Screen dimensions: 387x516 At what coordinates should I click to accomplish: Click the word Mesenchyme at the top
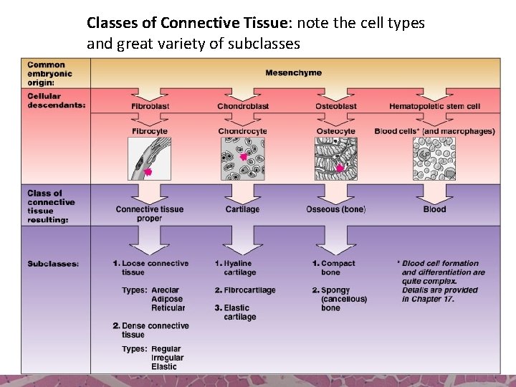pos(293,72)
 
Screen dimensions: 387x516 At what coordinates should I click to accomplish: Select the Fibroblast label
pos(150,106)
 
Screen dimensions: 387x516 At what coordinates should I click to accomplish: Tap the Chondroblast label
pos(243,106)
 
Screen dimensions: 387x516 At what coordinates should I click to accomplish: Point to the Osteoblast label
pos(335,106)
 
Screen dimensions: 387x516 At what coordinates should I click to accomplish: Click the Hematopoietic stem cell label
pos(434,106)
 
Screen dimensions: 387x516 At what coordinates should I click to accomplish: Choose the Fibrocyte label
pos(150,131)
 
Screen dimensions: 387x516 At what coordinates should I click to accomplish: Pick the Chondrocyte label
pos(242,131)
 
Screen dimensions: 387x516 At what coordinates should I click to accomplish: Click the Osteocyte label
pos(335,131)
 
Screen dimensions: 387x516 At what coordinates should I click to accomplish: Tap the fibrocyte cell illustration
pos(150,159)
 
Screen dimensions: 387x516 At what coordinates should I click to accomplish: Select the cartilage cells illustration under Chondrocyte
pos(242,159)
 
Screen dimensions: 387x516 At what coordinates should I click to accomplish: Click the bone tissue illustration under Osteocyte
pos(335,159)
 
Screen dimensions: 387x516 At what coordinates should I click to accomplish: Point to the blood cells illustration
pos(434,159)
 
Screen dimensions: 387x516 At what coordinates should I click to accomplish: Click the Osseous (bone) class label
pos(335,209)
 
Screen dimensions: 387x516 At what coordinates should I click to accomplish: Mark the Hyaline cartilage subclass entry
pos(237,268)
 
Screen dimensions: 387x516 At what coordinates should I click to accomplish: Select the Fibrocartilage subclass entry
pos(245,290)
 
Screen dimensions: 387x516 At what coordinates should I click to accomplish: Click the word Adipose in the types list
pos(167,299)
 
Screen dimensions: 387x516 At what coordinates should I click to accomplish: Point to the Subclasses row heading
pos(53,264)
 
